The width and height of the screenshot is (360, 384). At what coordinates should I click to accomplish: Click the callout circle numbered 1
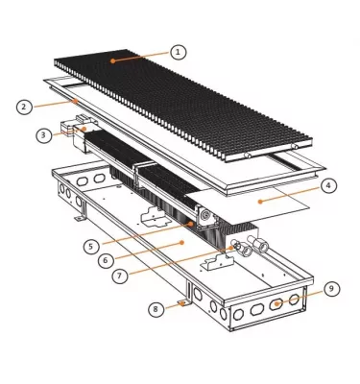[x=179, y=50]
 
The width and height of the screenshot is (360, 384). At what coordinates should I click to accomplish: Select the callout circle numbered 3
[x=44, y=135]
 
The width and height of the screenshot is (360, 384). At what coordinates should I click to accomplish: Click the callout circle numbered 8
[x=156, y=308]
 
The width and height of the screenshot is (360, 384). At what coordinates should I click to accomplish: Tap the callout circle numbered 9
[x=331, y=288]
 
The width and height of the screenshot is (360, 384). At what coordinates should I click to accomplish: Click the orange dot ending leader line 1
[x=112, y=60]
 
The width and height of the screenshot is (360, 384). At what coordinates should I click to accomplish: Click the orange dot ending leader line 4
[x=260, y=199]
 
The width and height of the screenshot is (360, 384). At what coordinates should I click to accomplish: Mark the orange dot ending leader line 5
[x=192, y=223]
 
